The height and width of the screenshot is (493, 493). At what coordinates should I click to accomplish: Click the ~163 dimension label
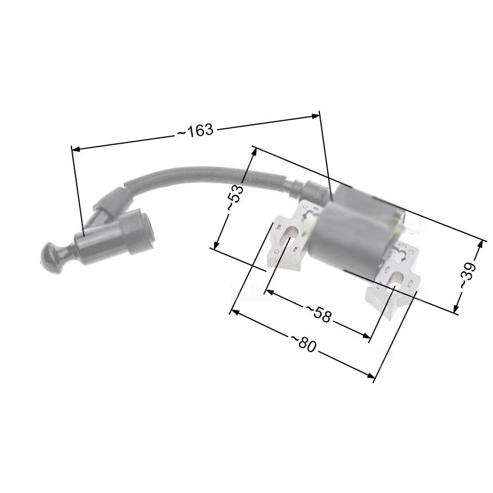point(196,131)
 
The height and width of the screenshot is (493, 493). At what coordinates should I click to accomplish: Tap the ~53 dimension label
point(235,199)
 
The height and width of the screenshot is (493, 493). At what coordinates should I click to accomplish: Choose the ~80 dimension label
point(303,344)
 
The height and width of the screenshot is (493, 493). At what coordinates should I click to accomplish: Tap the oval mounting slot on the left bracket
point(289,235)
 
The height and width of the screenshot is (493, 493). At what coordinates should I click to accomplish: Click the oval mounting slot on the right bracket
point(396,280)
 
